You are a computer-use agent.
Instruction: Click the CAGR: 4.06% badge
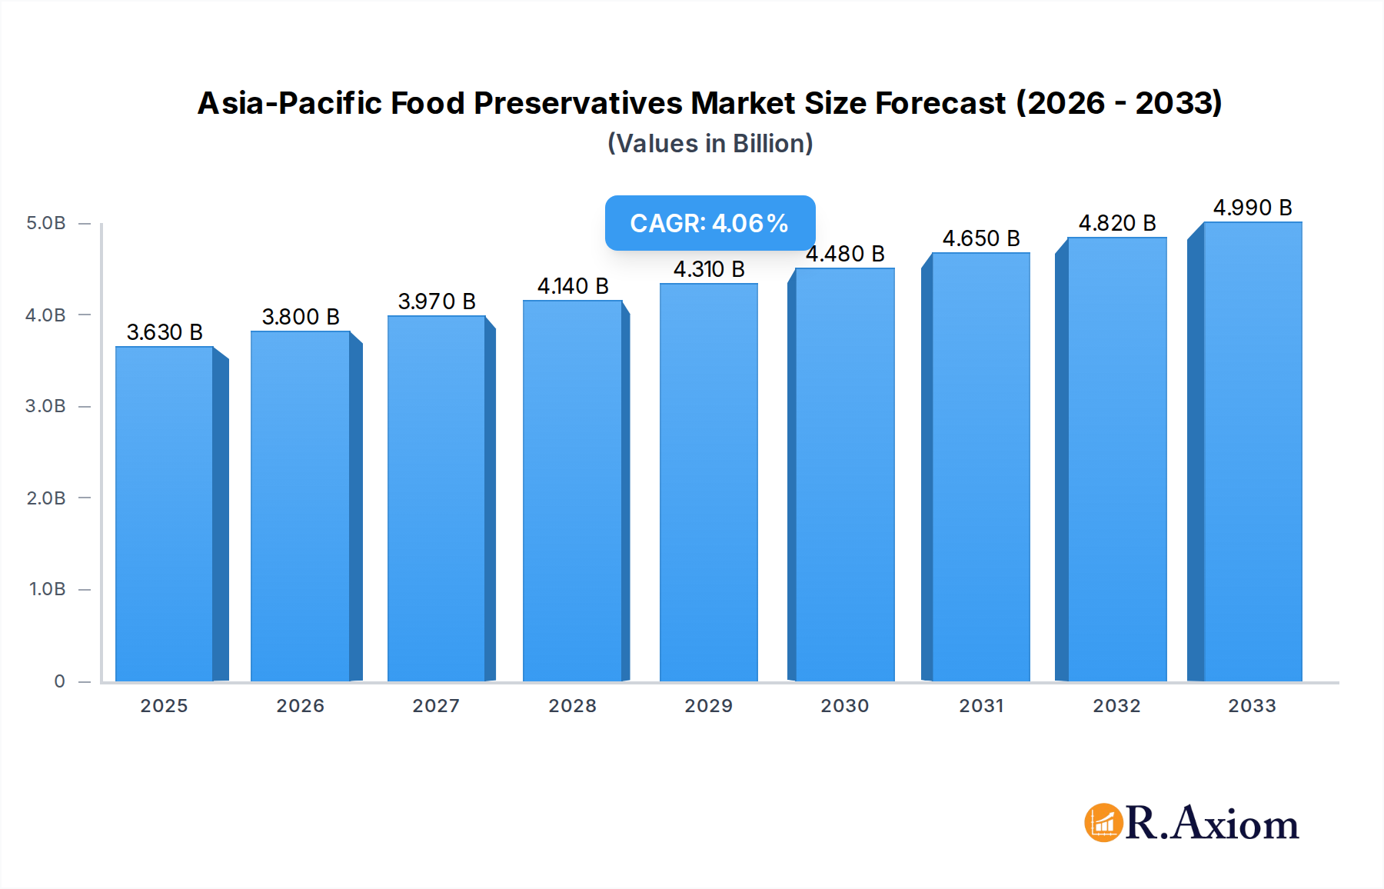(x=709, y=223)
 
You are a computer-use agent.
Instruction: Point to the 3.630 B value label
(x=165, y=332)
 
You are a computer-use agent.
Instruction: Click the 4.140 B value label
(x=573, y=286)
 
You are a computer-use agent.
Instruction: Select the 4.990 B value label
(x=1252, y=208)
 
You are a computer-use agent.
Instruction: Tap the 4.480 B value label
(x=845, y=254)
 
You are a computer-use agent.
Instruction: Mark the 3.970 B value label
(x=437, y=301)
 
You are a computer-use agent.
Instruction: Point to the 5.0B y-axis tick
(x=46, y=223)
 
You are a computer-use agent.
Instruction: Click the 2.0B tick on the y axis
(x=46, y=498)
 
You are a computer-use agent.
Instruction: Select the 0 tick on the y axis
(x=59, y=681)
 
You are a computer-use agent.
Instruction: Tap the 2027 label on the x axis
(x=436, y=706)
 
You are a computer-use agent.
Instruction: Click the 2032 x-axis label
(x=1116, y=706)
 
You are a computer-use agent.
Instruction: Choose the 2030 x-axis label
(x=844, y=706)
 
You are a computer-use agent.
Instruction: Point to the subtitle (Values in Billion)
(x=710, y=144)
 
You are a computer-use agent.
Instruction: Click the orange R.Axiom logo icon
(x=1103, y=823)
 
